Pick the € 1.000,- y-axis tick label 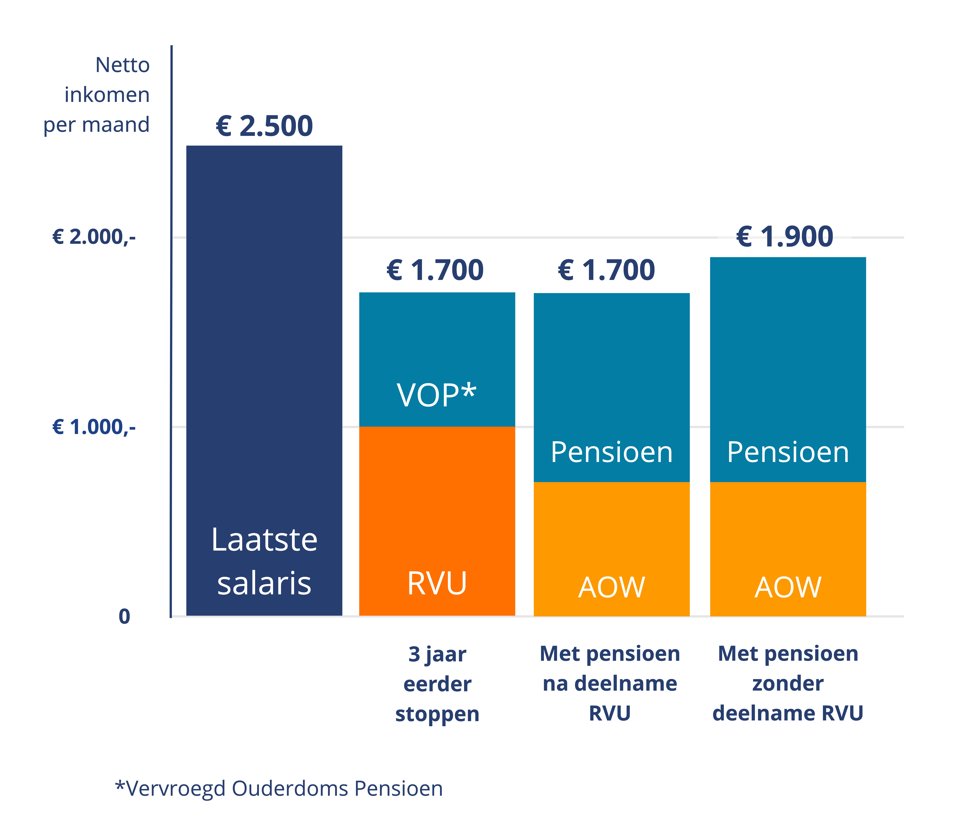pos(94,427)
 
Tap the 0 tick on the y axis pos(124,617)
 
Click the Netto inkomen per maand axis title pos(97,95)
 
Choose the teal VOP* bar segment pos(437,343)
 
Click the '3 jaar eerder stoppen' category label pos(437,684)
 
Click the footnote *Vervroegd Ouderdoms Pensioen pos(279,788)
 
